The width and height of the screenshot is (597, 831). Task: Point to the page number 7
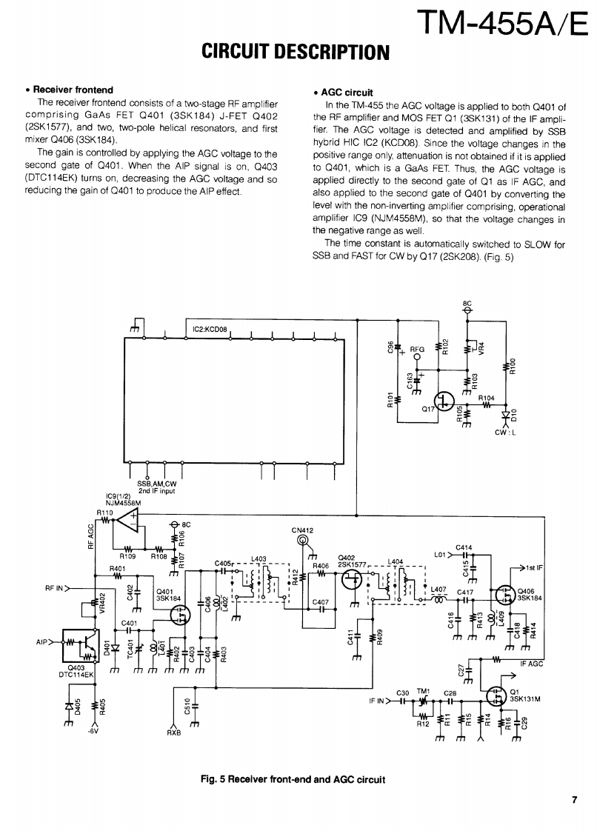(x=574, y=798)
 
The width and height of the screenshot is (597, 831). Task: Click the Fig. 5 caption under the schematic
(x=293, y=778)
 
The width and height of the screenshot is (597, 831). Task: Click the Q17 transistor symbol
(x=444, y=401)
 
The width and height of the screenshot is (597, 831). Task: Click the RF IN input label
(x=57, y=589)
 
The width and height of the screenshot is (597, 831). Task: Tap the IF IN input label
(x=378, y=700)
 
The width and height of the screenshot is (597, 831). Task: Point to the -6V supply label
(x=93, y=733)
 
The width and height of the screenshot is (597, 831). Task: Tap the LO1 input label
(x=441, y=553)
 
